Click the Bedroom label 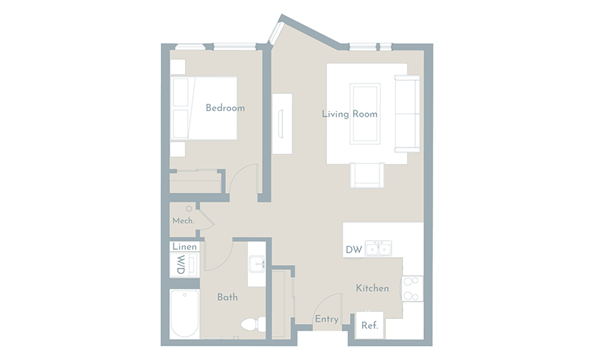[x=225, y=108]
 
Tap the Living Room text [x=350, y=114]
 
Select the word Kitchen [x=372, y=289]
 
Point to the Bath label [x=228, y=297]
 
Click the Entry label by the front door [x=327, y=319]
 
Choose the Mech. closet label [x=184, y=220]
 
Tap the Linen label [x=184, y=247]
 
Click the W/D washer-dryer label [x=181, y=264]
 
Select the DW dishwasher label [x=354, y=250]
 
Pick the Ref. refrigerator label [x=370, y=325]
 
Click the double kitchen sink [x=379, y=248]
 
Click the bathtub [x=184, y=314]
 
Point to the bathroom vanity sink [x=256, y=264]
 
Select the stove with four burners [x=412, y=289]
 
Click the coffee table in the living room [x=365, y=114]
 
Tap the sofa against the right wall [x=408, y=114]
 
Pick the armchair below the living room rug [x=367, y=175]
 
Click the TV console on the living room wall [x=282, y=124]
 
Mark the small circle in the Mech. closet [x=189, y=209]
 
